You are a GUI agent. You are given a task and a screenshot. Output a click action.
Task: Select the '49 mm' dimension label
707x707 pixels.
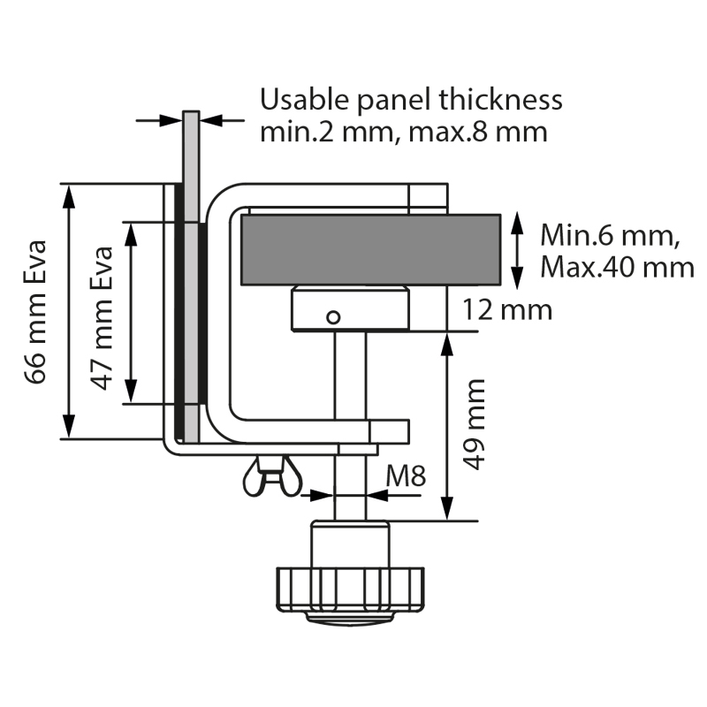[x=475, y=424]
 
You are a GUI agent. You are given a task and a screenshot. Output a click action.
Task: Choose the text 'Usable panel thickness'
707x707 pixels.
[x=411, y=99]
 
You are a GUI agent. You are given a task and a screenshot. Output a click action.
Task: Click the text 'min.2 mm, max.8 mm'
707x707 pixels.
[x=403, y=133]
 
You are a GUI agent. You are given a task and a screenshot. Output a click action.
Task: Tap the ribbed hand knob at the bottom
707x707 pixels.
[x=350, y=587]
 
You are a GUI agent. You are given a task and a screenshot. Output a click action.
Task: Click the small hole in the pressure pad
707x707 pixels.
[x=332, y=316]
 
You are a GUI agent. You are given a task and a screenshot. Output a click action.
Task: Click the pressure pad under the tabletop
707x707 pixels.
[x=350, y=309]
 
